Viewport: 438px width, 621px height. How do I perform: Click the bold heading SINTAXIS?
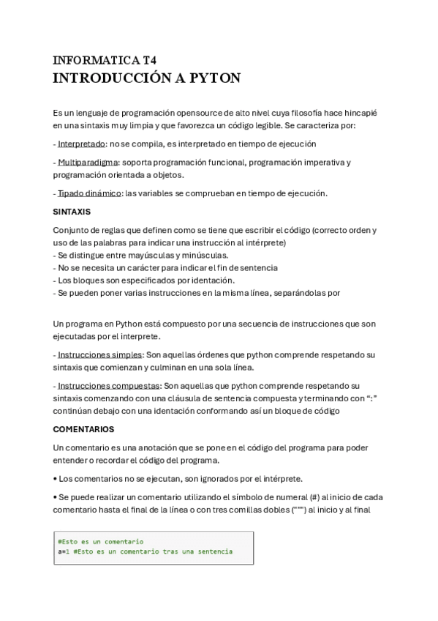[72, 212]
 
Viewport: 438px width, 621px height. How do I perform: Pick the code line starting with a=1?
[144, 551]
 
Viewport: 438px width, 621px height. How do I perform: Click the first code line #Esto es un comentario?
[99, 542]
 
